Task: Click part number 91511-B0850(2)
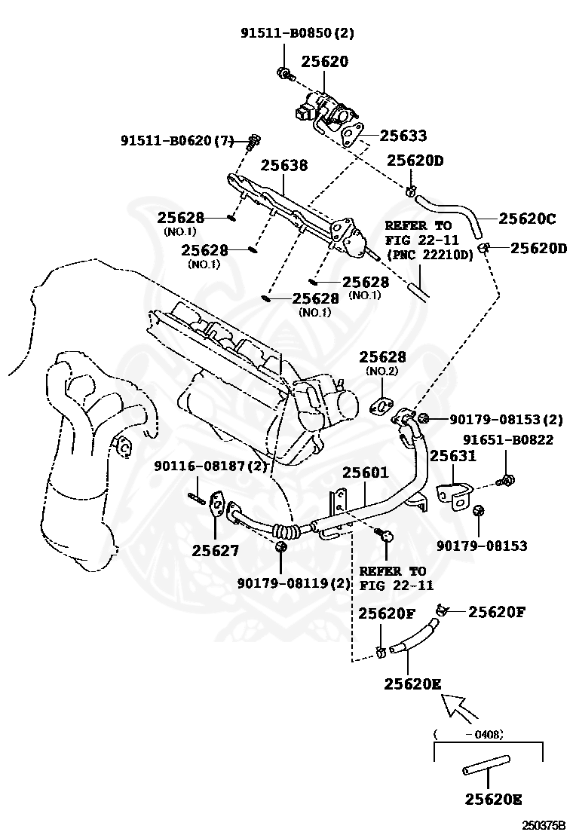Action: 296,33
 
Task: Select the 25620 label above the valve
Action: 324,62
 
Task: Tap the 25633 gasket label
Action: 403,135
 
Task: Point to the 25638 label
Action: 284,165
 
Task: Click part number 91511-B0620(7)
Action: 177,141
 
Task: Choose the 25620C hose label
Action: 527,218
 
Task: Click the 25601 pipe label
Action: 366,473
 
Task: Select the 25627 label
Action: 216,550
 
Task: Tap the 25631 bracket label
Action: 453,456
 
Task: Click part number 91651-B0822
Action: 508,439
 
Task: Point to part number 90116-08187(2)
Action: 210,466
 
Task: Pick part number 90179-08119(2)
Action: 294,583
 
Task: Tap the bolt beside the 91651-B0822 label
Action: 505,480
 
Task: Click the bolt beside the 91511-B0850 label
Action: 285,73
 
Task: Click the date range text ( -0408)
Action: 469,734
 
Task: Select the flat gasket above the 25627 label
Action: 216,504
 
